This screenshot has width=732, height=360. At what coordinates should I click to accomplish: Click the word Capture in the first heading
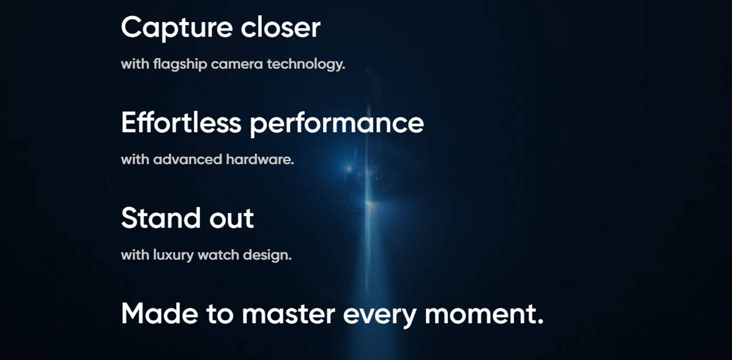pyautogui.click(x=177, y=28)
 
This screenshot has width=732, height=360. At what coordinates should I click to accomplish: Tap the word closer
pyautogui.click(x=280, y=27)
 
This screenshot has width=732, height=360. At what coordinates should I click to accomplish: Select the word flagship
pyautogui.click(x=180, y=64)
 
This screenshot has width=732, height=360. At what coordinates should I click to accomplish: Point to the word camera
pyautogui.click(x=237, y=64)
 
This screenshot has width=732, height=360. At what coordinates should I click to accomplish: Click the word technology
pyautogui.click(x=306, y=64)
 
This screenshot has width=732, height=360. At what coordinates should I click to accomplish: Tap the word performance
pyautogui.click(x=337, y=124)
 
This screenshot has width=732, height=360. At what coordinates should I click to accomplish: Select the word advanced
pyautogui.click(x=187, y=159)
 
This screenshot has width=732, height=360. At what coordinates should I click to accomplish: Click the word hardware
pyautogui.click(x=260, y=159)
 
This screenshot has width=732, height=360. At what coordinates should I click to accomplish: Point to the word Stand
pyautogui.click(x=160, y=218)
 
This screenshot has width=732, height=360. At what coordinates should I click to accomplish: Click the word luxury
pyautogui.click(x=173, y=255)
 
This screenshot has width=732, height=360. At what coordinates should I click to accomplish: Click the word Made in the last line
pyautogui.click(x=160, y=313)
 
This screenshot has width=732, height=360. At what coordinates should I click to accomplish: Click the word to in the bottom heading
pyautogui.click(x=220, y=315)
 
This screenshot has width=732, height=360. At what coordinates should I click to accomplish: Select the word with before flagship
pyautogui.click(x=135, y=64)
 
